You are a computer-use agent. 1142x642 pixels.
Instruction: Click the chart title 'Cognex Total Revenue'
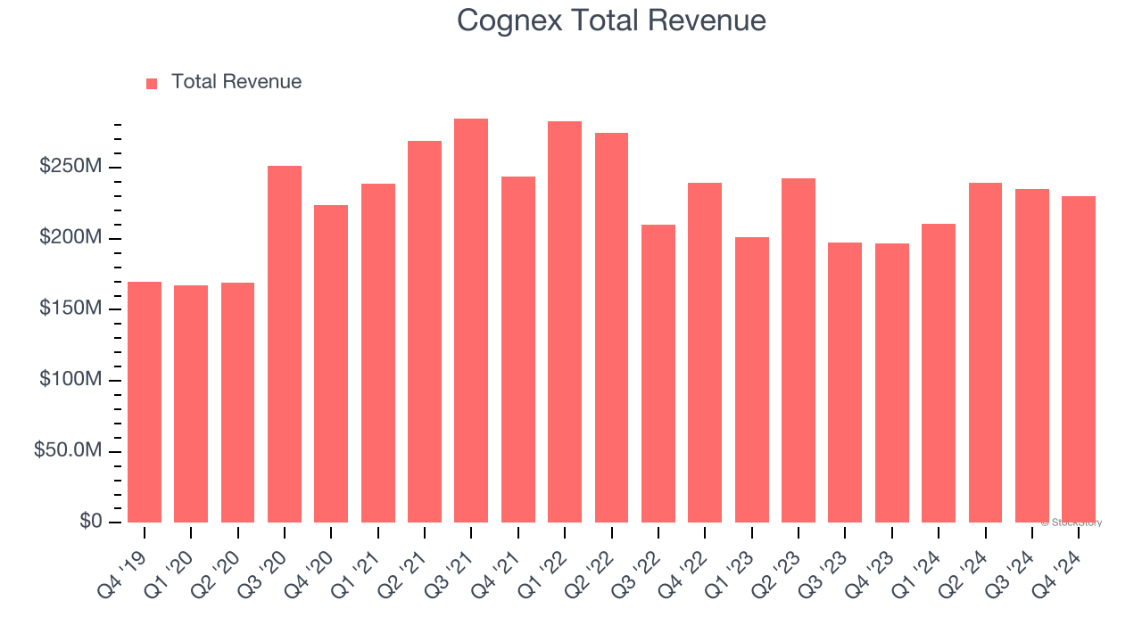pyautogui.click(x=611, y=21)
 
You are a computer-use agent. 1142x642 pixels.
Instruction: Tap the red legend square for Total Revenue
pyautogui.click(x=152, y=83)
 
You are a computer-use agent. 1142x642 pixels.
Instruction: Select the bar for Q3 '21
pyautogui.click(x=471, y=321)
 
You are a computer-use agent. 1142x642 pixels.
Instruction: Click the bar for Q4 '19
pyautogui.click(x=145, y=402)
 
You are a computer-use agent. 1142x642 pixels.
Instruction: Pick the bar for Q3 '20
pyautogui.click(x=285, y=344)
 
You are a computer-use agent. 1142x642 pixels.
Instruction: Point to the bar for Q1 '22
pyautogui.click(x=565, y=322)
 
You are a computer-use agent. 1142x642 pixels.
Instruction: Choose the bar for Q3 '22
pyautogui.click(x=658, y=374)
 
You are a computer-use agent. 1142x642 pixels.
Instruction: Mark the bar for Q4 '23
pyautogui.click(x=892, y=383)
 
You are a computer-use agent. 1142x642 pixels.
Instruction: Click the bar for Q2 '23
pyautogui.click(x=799, y=350)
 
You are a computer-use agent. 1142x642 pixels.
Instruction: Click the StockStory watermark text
pyautogui.click(x=1072, y=523)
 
